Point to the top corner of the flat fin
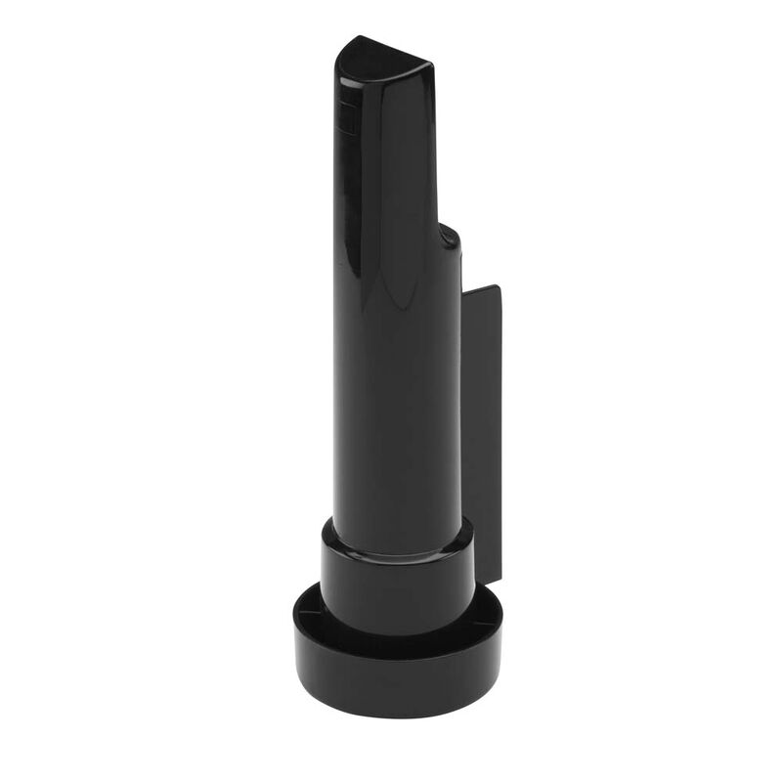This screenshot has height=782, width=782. pyautogui.click(x=498, y=286)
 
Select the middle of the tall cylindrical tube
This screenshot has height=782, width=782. pyautogui.click(x=396, y=391)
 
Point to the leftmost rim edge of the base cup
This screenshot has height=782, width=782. pyautogui.click(x=292, y=621)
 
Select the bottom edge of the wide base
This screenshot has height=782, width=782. pyautogui.click(x=396, y=692)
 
